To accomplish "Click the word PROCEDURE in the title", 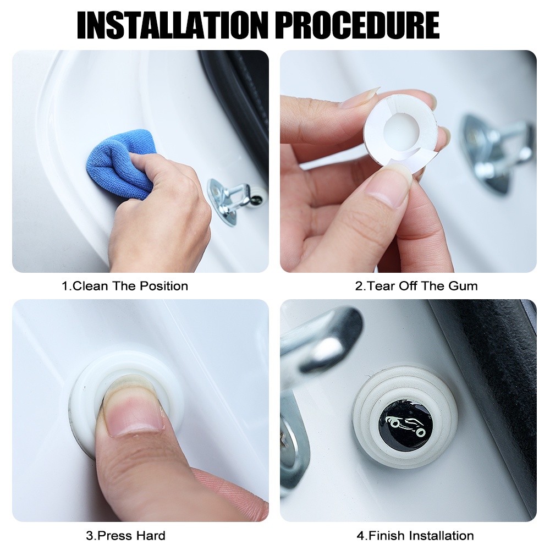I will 357,25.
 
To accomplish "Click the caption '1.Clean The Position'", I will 125,286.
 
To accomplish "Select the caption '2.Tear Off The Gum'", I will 416,286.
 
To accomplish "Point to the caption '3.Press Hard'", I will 125,535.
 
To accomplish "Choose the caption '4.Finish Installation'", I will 415,535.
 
